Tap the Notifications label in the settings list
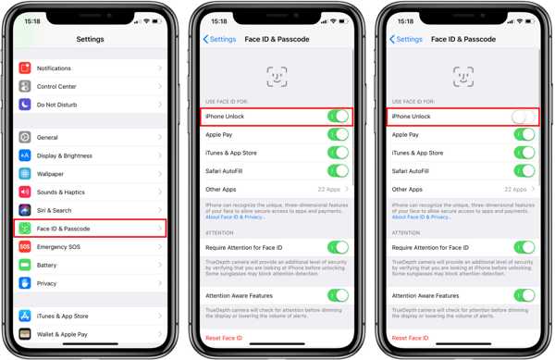(x=54, y=68)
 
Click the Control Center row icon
(x=25, y=87)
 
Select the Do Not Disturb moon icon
(x=25, y=105)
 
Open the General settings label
(x=47, y=138)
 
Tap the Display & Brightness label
(x=64, y=155)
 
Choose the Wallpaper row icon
(x=25, y=174)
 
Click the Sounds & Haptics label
(x=60, y=192)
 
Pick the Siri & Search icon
(x=25, y=210)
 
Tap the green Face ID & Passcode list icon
(x=25, y=229)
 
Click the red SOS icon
(x=25, y=247)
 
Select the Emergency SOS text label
(x=57, y=247)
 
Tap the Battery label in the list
(x=46, y=266)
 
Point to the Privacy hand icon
(x=25, y=283)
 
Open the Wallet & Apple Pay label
(x=62, y=334)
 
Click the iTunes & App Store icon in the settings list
(x=25, y=317)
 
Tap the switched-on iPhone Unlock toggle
(x=338, y=117)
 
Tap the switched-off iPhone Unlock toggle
(x=524, y=117)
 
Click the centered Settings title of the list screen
(x=90, y=40)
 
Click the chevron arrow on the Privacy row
(x=159, y=283)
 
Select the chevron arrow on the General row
(x=159, y=138)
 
